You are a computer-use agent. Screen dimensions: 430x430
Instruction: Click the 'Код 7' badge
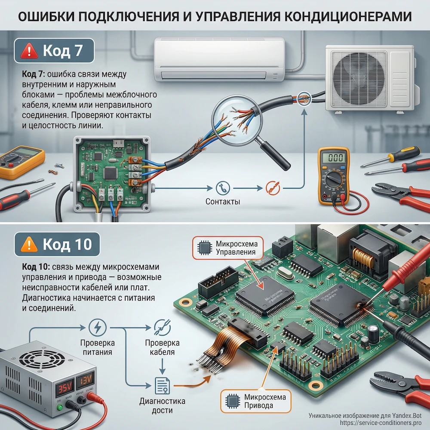54,51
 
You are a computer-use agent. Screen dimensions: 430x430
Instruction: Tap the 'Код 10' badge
57,244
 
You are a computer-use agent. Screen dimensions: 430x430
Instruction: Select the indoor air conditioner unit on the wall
219,59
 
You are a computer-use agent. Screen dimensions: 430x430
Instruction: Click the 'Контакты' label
223,202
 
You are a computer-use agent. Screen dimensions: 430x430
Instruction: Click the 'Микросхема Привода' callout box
254,401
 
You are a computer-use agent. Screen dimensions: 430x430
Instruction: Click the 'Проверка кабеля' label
160,347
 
